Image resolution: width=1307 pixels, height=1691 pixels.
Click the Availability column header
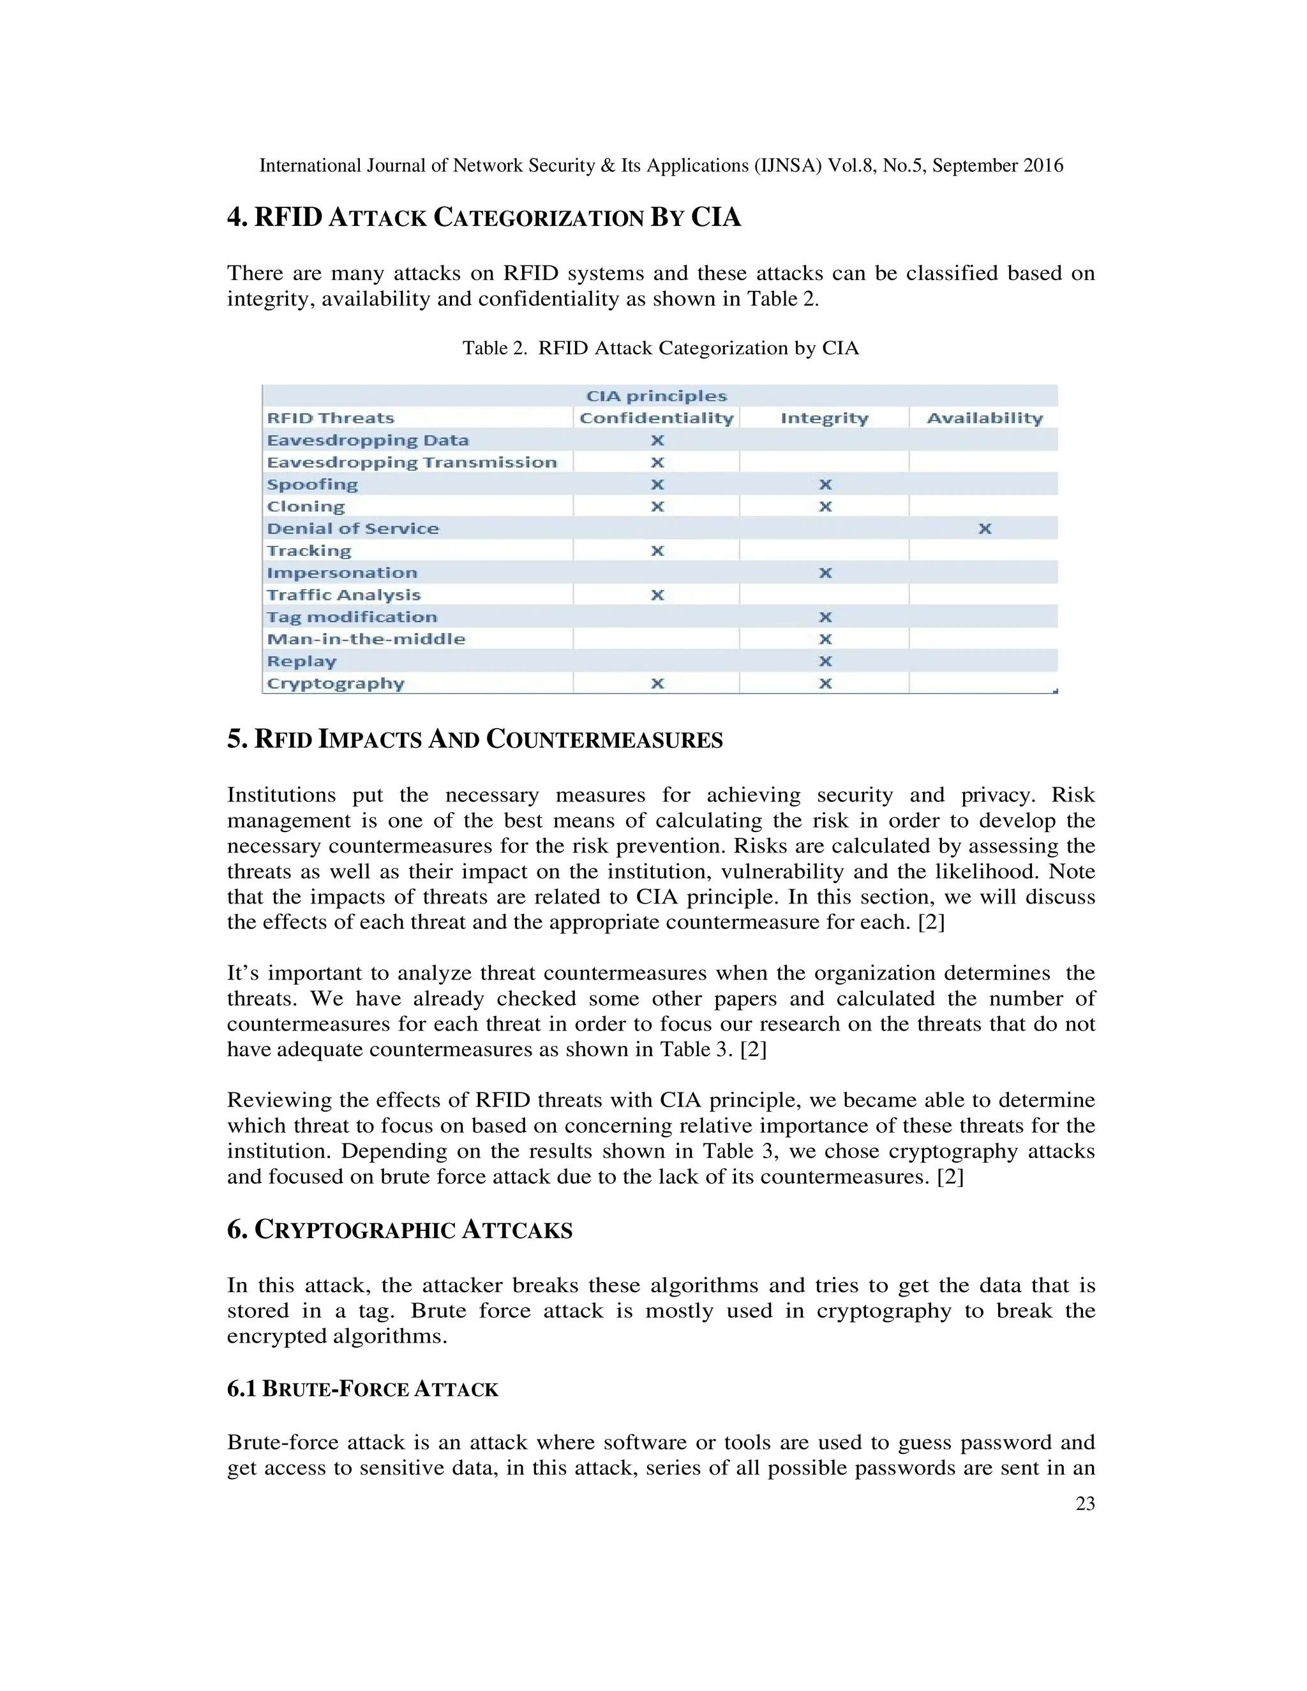pyautogui.click(x=984, y=418)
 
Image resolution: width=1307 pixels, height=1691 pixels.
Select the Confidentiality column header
pyautogui.click(x=656, y=418)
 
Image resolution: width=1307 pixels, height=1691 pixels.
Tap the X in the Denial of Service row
pyautogui.click(x=984, y=529)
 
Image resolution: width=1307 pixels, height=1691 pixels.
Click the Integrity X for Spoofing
pyautogui.click(x=825, y=485)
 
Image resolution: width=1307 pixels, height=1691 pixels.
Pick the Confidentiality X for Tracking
pyautogui.click(x=657, y=551)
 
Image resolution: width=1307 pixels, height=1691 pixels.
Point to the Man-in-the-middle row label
pyautogui.click(x=366, y=639)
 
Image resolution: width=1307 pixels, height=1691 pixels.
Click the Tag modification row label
pyautogui.click(x=352, y=617)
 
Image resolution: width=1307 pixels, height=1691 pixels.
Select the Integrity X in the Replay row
pyautogui.click(x=825, y=662)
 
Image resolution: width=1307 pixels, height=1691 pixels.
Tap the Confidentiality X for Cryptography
pyautogui.click(x=657, y=683)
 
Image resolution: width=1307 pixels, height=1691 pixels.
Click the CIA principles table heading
pyautogui.click(x=656, y=396)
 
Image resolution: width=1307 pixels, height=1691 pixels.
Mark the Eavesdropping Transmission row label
pyautogui.click(x=411, y=462)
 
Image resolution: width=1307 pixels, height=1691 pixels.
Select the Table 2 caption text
pyautogui.click(x=661, y=348)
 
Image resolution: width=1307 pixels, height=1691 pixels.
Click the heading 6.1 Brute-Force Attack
pyautogui.click(x=362, y=1389)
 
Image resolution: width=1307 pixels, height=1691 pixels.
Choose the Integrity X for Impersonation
pyautogui.click(x=825, y=573)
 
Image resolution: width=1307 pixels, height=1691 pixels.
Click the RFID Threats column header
pyautogui.click(x=331, y=418)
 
